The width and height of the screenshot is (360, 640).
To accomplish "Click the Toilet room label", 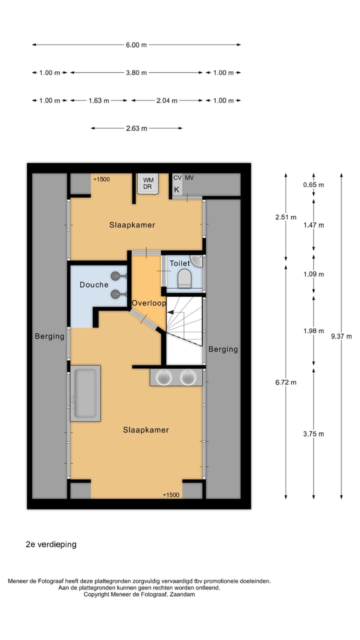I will click(179, 263).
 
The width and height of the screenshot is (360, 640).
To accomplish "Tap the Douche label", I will click(94, 284).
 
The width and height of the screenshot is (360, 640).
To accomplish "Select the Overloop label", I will click(148, 303).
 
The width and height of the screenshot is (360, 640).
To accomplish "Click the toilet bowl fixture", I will click(184, 278).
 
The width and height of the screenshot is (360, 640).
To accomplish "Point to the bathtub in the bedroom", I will click(85, 392).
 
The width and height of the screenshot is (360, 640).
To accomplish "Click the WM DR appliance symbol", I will click(148, 183).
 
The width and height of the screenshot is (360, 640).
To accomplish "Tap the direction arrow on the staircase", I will click(171, 312).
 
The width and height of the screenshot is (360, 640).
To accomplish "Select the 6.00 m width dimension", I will click(136, 44).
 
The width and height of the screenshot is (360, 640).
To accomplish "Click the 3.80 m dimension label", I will click(136, 72).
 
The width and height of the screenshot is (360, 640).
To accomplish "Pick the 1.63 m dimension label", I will click(98, 100).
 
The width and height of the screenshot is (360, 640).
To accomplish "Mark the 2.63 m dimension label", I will click(136, 128).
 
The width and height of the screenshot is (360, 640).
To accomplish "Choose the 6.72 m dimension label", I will click(286, 382).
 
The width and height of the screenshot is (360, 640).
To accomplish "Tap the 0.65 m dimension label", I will click(313, 185).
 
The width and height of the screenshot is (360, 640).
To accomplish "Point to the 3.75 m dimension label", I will click(313, 433).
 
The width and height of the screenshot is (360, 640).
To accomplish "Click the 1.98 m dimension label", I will click(313, 331).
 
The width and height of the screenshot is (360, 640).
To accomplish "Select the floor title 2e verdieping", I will click(51, 544).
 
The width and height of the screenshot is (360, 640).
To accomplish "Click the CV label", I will click(177, 177).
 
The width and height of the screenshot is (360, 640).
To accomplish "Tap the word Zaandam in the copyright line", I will click(182, 594).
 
